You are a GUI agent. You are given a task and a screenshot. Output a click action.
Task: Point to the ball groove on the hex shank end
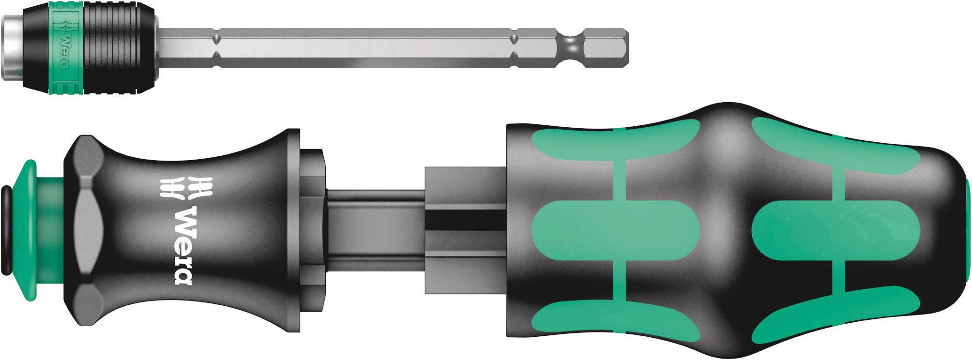571,48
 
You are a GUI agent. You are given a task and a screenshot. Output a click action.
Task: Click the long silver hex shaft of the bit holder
363,48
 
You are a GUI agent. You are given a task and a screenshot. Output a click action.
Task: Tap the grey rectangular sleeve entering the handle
465,227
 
